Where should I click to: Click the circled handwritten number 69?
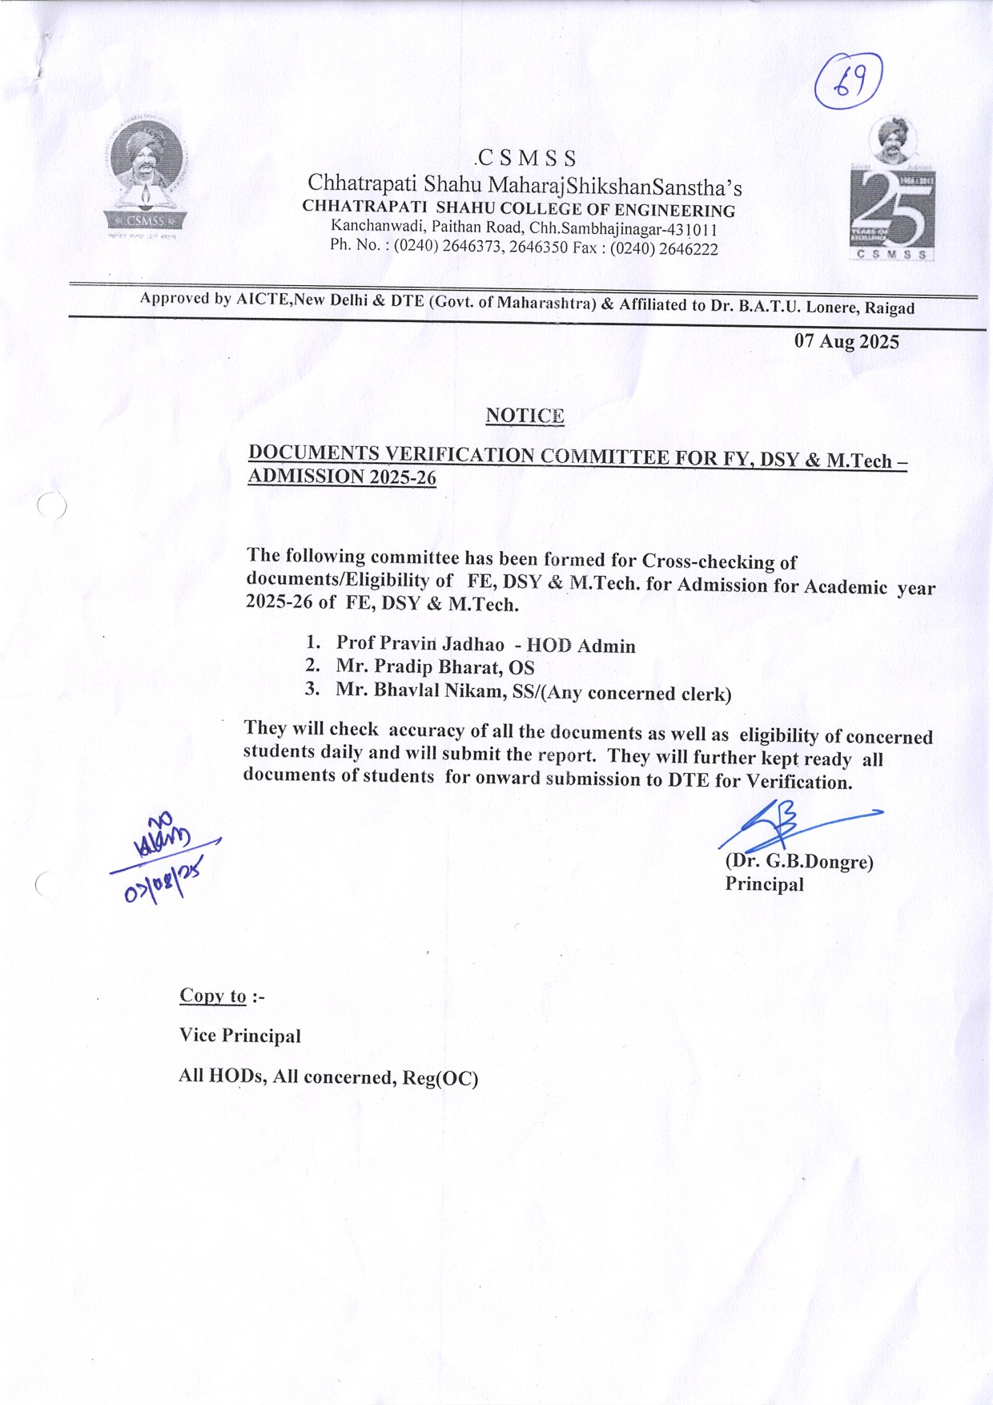(848, 81)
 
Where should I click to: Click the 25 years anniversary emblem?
(892, 192)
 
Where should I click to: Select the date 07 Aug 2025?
(846, 342)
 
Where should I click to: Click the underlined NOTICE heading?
(525, 416)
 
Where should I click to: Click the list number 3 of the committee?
(312, 689)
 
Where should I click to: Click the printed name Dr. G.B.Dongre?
(802, 862)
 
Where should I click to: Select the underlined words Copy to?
(213, 996)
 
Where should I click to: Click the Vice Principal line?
(240, 1036)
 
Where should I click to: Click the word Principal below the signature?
(764, 884)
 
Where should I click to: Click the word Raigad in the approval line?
(889, 308)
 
